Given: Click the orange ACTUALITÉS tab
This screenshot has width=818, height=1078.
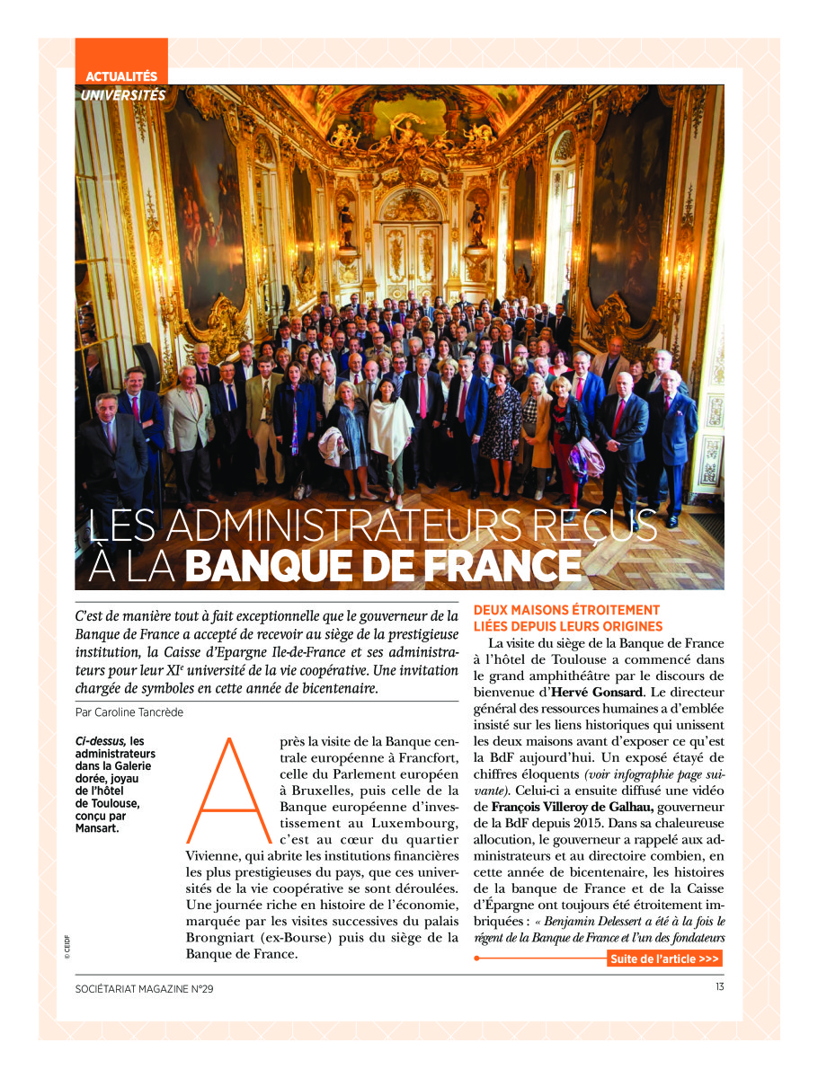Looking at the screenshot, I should coord(121,76).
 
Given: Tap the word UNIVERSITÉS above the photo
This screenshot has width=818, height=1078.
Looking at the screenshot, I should coord(122,94).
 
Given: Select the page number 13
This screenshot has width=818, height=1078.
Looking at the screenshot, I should coord(720,988).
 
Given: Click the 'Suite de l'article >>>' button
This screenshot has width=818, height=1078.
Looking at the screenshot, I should coord(664,959).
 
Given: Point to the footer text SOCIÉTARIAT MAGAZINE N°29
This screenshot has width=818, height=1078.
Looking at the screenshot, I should coord(145,989).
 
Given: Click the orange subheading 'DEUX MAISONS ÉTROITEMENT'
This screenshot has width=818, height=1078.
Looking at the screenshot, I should coord(565,610).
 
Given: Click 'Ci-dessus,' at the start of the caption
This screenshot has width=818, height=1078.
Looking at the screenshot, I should coord(95,741).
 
